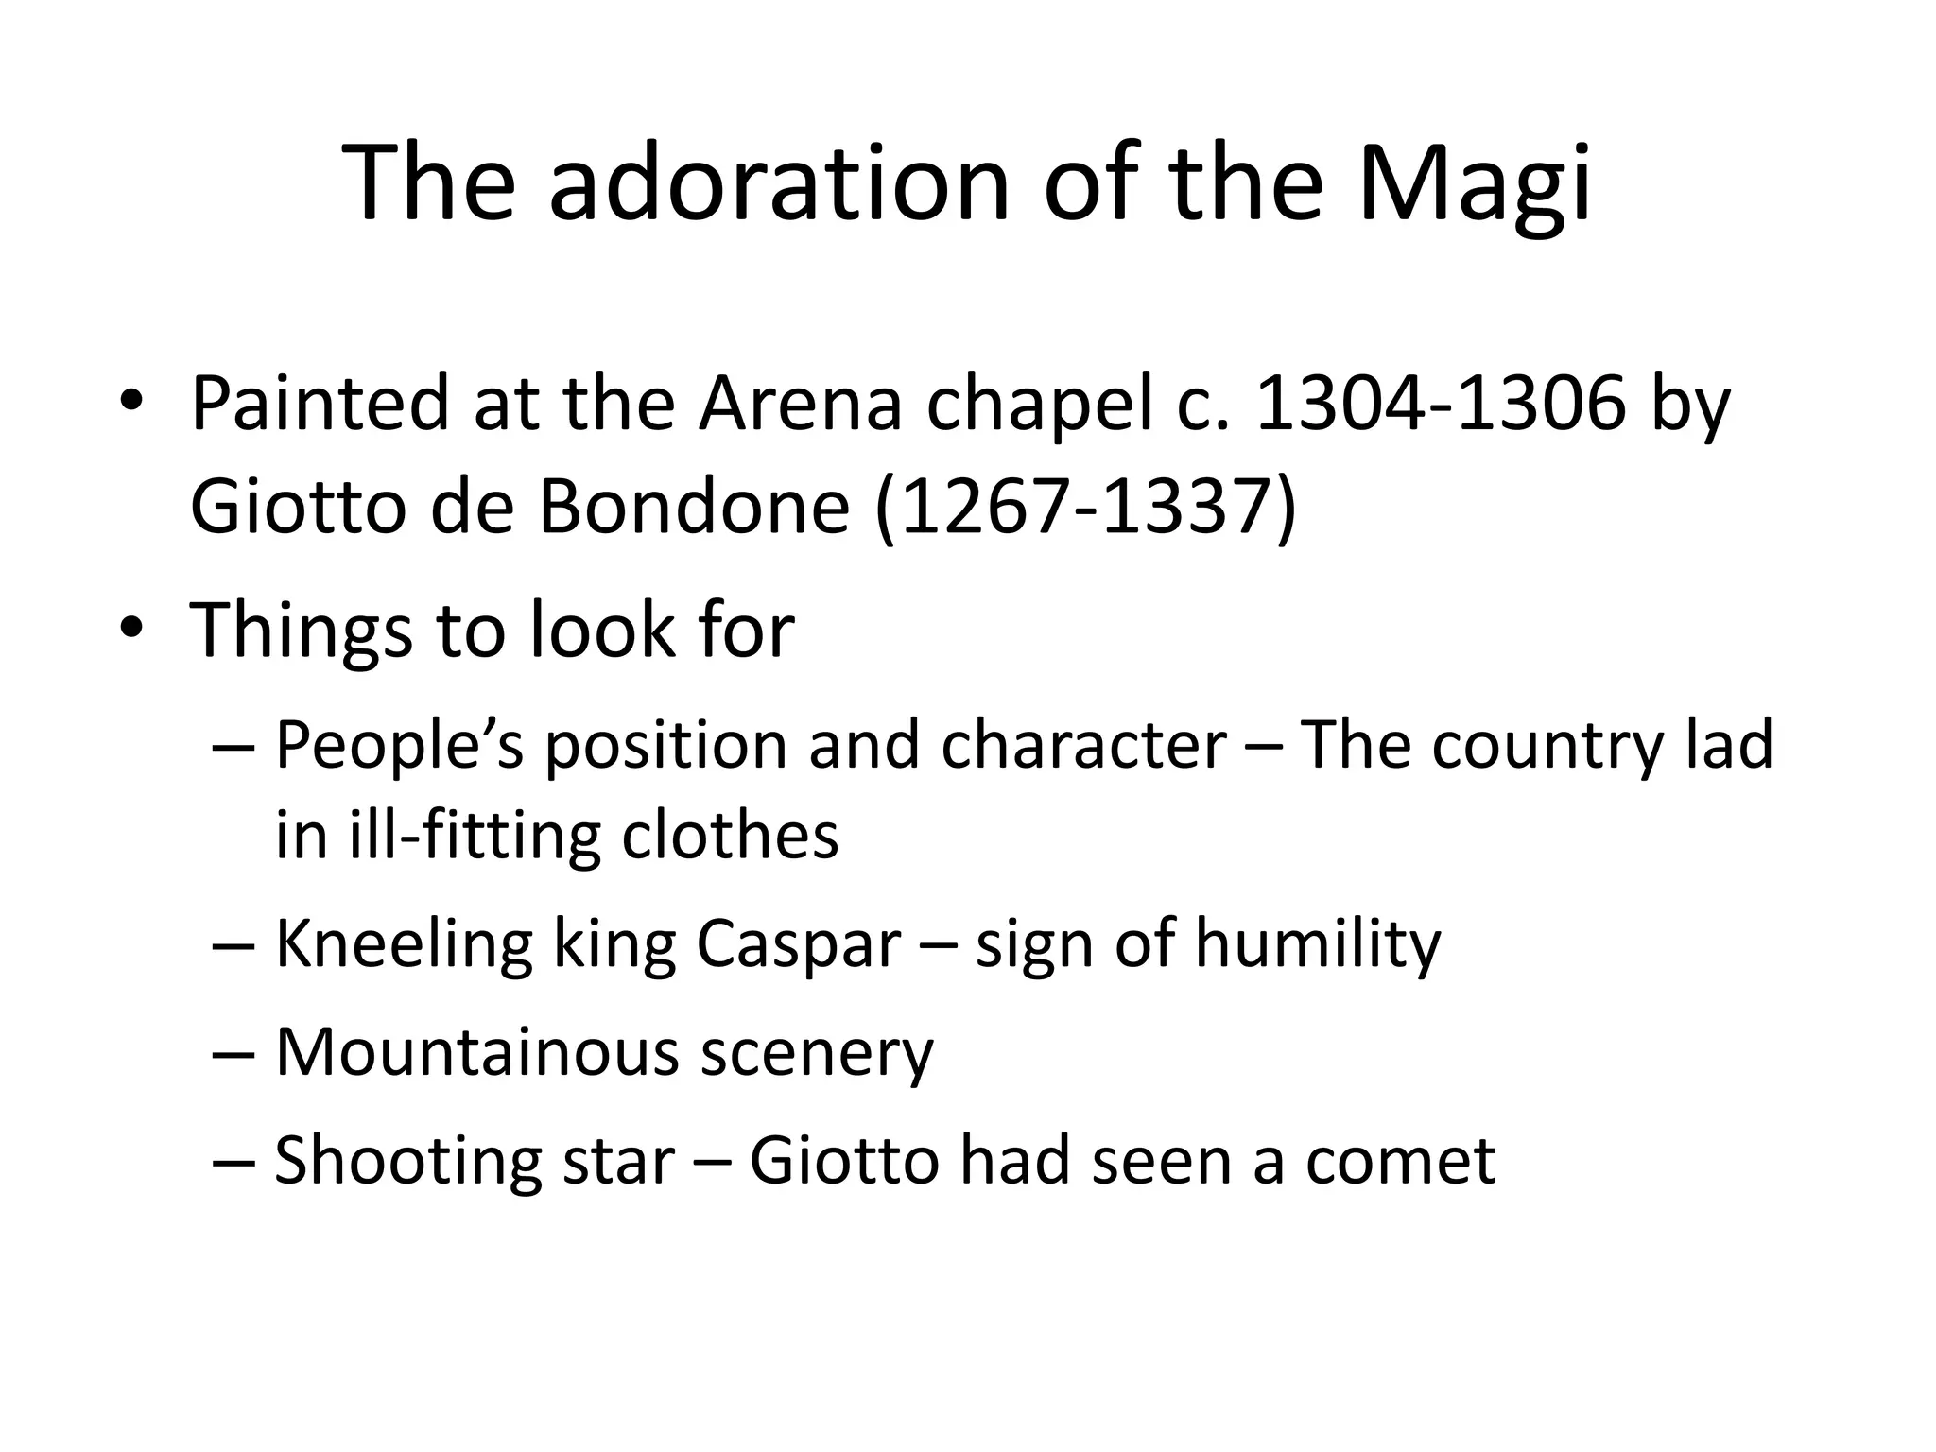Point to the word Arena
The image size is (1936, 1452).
click(800, 404)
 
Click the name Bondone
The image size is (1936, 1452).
click(694, 507)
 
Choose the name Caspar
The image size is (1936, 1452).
click(798, 944)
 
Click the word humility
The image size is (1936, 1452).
click(1318, 944)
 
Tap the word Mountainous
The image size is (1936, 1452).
click(476, 1051)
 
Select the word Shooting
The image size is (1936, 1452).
click(407, 1161)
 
